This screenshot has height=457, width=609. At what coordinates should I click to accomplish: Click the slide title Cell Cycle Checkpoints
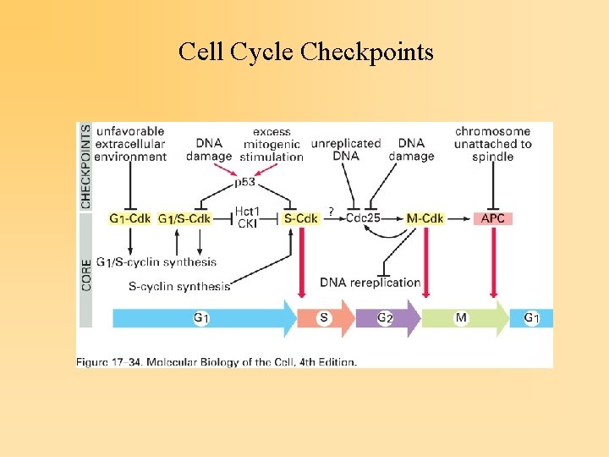(305, 52)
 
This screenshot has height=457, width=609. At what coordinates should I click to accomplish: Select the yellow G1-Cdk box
(129, 218)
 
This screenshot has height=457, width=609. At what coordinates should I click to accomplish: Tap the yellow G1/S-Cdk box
(184, 218)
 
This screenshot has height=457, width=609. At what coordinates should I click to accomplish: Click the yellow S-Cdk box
(300, 218)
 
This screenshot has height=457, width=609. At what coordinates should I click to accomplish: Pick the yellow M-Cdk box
(425, 218)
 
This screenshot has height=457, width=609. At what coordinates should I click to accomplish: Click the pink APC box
(493, 218)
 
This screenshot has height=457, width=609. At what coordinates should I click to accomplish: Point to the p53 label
(244, 182)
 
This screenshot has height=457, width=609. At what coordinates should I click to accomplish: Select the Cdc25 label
(363, 218)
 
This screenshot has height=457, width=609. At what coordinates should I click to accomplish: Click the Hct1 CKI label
(247, 217)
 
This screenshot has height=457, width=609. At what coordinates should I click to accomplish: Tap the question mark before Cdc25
(331, 212)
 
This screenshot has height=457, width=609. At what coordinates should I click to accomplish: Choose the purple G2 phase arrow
(388, 318)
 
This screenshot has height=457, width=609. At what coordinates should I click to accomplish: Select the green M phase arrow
(465, 318)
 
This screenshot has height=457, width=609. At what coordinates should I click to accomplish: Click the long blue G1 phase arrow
(205, 318)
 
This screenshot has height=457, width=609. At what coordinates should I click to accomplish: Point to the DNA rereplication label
(370, 283)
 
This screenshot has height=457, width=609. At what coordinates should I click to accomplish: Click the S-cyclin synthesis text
(179, 286)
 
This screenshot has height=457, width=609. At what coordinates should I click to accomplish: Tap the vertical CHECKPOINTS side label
(85, 167)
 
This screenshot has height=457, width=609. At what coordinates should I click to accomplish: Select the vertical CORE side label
(85, 275)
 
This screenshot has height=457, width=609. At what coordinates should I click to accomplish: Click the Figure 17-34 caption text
(217, 362)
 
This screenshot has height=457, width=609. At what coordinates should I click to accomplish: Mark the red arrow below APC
(494, 262)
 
